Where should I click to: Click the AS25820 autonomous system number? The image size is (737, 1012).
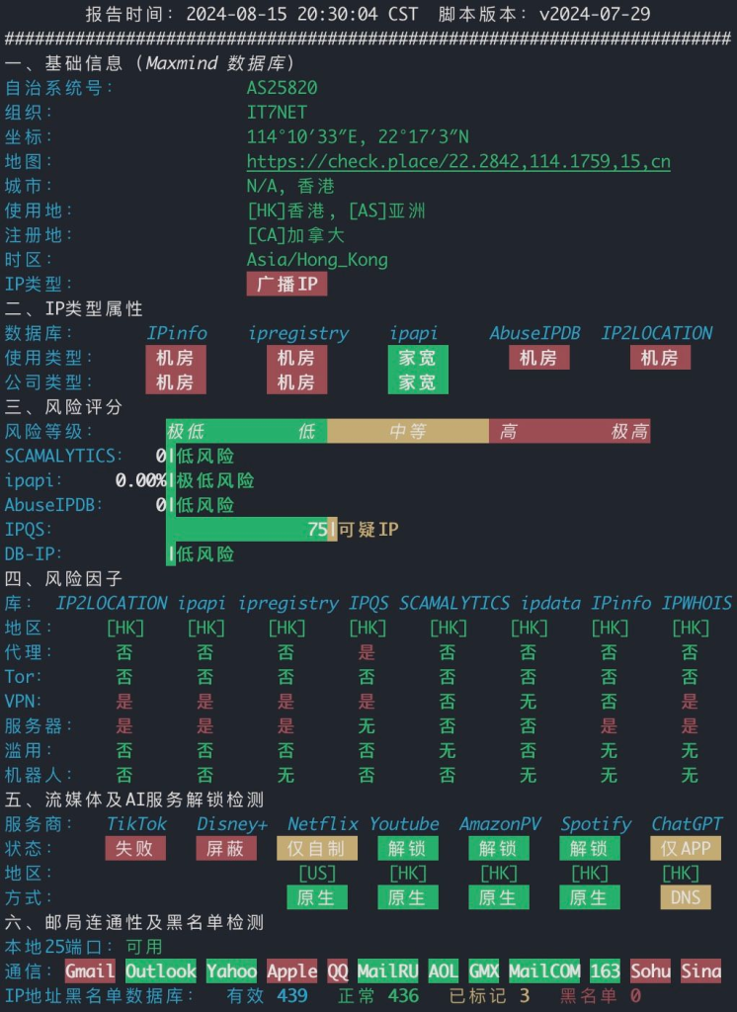point(282,87)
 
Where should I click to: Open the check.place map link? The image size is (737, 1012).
point(458,161)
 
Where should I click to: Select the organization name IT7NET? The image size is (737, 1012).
point(277,112)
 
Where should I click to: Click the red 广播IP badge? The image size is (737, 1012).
point(287,284)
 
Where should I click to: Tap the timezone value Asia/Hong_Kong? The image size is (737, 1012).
point(317,260)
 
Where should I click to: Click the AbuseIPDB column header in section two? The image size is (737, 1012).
point(534,333)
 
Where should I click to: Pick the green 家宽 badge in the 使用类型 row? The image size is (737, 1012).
point(418,358)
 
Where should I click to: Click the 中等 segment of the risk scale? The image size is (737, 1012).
point(408,431)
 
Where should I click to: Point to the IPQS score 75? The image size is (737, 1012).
point(317,530)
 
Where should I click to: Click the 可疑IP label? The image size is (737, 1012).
point(368,530)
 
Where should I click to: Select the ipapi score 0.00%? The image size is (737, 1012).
point(140,480)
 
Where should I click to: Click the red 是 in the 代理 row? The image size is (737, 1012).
point(368,652)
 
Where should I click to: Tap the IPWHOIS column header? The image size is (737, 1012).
point(696,603)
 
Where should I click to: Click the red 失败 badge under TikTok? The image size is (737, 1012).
point(135,848)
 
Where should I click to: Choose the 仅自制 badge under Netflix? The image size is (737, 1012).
point(317,848)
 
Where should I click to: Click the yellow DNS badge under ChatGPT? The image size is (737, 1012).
point(686,897)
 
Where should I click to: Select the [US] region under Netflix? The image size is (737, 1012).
point(317,874)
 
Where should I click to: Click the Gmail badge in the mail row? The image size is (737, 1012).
point(90,970)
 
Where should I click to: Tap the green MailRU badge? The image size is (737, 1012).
point(388,970)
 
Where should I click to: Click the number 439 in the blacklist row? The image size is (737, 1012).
point(292,996)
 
